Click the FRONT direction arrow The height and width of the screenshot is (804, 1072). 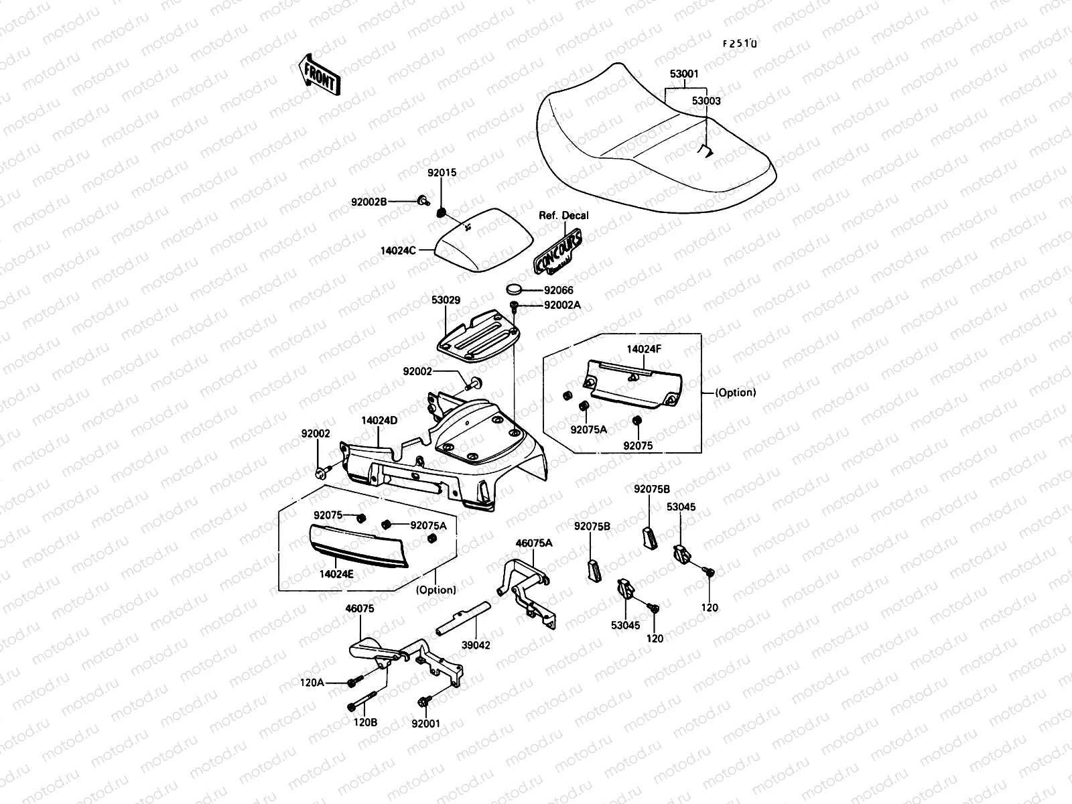pyautogui.click(x=318, y=74)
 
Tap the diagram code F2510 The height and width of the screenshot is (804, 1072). pyautogui.click(x=739, y=44)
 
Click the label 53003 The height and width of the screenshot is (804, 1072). pyautogui.click(x=706, y=101)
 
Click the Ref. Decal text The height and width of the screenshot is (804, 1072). pyautogui.click(x=563, y=215)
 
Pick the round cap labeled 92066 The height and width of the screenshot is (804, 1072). pyautogui.click(x=514, y=289)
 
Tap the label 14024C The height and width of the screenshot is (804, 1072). pyautogui.click(x=398, y=251)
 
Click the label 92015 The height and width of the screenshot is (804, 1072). pyautogui.click(x=442, y=172)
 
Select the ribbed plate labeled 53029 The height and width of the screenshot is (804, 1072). pyautogui.click(x=478, y=337)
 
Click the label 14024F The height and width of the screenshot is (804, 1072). pyautogui.click(x=644, y=349)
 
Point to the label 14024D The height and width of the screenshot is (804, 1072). pyautogui.click(x=379, y=421)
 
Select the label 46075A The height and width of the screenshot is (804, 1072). pyautogui.click(x=533, y=543)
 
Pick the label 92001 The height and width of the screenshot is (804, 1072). pyautogui.click(x=426, y=724)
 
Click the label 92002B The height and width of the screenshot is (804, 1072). pyautogui.click(x=368, y=201)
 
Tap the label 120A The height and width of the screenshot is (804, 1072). pyautogui.click(x=312, y=683)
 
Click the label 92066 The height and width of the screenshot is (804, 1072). pyautogui.click(x=559, y=290)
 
